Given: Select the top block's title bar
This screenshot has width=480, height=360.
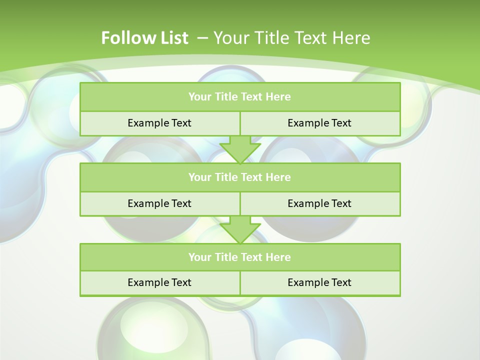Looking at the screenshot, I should [x=240, y=97].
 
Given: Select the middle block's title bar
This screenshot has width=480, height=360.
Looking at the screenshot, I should [x=240, y=177].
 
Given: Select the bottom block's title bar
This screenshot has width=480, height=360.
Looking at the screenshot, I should [x=240, y=257].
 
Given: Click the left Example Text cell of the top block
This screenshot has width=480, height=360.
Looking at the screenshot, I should [x=160, y=123].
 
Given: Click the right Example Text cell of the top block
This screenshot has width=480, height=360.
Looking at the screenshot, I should [x=320, y=123].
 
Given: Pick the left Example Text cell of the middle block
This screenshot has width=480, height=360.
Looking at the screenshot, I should [x=160, y=203].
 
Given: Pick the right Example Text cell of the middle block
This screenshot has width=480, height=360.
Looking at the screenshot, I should [x=320, y=203].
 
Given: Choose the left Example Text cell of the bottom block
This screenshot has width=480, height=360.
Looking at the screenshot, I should [x=160, y=282].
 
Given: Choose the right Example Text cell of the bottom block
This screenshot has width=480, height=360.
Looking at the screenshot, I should [x=320, y=282].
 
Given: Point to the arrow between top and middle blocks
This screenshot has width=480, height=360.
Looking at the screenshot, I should [x=240, y=149].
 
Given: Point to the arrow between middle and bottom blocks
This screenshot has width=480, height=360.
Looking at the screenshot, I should [x=240, y=229].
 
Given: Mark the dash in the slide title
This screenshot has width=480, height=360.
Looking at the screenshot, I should [x=203, y=38].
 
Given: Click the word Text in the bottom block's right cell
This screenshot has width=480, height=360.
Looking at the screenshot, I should [x=341, y=282].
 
